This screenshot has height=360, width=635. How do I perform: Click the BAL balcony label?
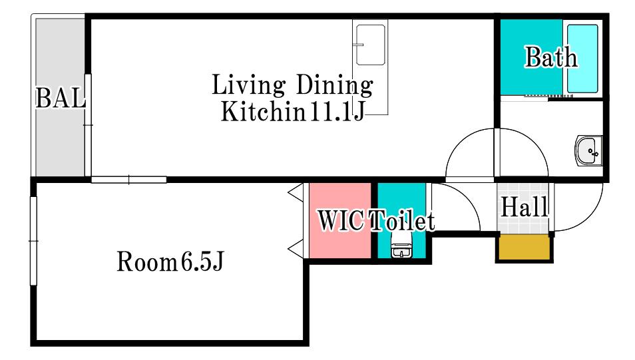click(x=61, y=98)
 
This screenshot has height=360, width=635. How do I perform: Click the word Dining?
click(x=335, y=85)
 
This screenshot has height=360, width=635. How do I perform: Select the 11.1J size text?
click(x=337, y=111)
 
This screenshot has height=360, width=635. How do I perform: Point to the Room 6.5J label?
click(x=170, y=262)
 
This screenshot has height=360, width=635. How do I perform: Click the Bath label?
click(x=550, y=57)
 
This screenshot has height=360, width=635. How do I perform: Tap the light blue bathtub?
click(x=582, y=59)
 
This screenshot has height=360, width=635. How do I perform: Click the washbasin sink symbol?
click(x=588, y=150)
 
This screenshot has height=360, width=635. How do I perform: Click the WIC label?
click(x=340, y=221)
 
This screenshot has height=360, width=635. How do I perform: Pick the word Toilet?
click(x=402, y=221)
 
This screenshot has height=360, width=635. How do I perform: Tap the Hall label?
click(x=525, y=207)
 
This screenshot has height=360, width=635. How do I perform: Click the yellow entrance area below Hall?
click(x=524, y=248)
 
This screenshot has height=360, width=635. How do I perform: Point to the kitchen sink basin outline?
click(x=370, y=45)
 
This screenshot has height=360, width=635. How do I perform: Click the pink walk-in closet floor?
click(x=340, y=220)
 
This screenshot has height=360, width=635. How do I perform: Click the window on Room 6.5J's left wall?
click(x=33, y=241)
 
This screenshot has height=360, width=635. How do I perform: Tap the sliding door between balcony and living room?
click(x=88, y=124)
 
